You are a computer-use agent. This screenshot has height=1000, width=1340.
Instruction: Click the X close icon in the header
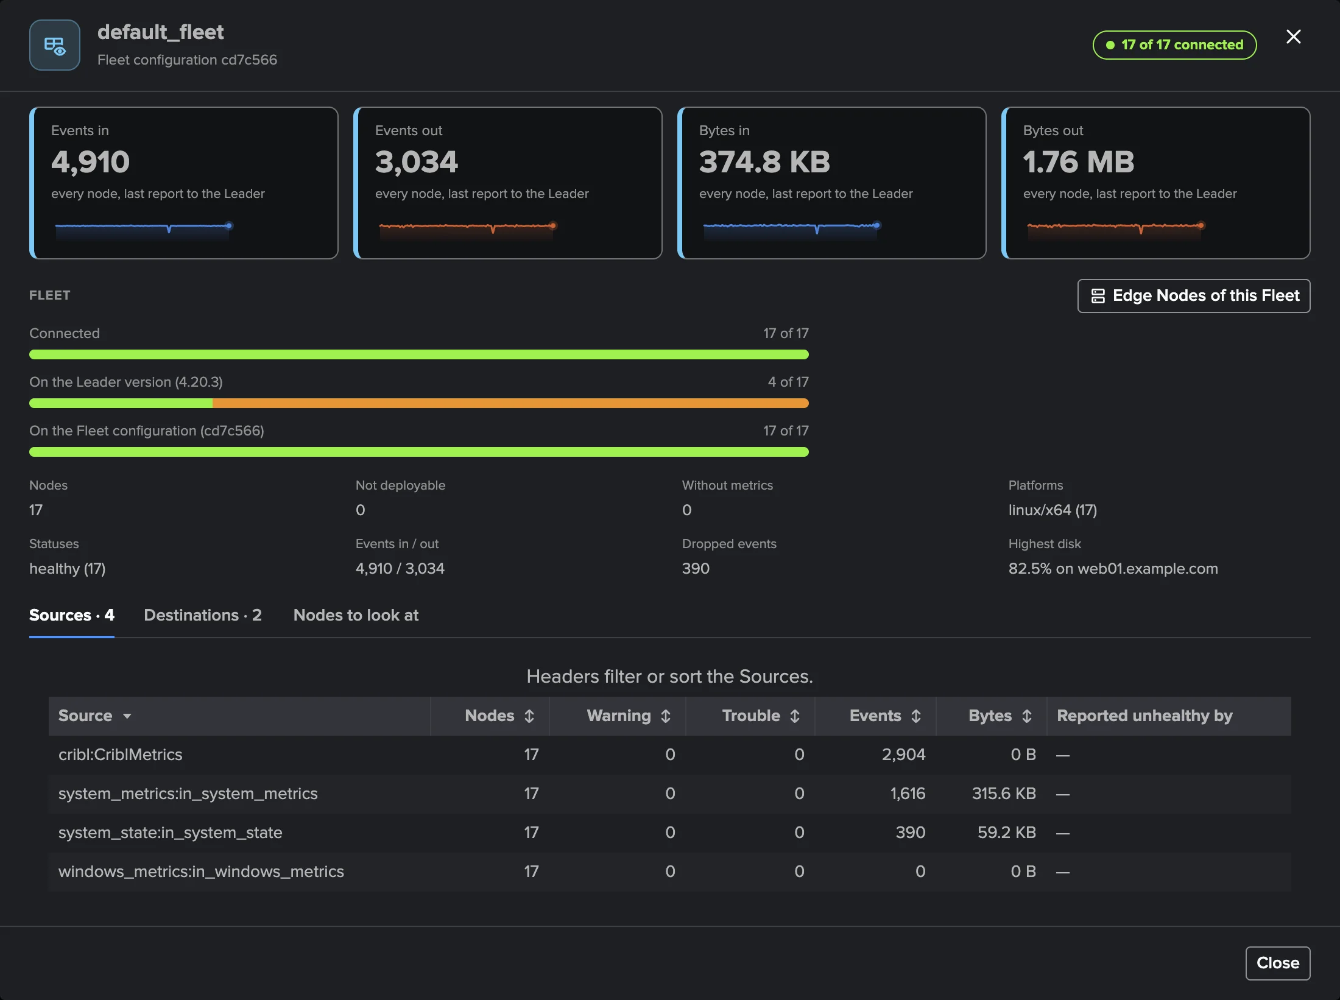tap(1293, 37)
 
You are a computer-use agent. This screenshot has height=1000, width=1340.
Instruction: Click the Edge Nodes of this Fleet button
tap(1194, 296)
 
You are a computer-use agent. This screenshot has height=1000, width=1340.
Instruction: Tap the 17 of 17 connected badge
tap(1174, 45)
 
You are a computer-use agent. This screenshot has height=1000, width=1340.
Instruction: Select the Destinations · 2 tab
tap(203, 615)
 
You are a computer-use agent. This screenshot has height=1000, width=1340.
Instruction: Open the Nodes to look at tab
tap(356, 615)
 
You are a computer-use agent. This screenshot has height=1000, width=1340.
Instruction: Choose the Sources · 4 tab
tap(72, 615)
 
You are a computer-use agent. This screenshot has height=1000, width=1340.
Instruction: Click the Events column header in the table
tap(885, 716)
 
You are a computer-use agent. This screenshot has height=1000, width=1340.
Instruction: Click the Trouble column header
tap(761, 716)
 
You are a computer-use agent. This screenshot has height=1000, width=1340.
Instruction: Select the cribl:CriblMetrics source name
tap(121, 755)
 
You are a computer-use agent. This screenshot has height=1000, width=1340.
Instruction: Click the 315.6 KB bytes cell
tap(1004, 794)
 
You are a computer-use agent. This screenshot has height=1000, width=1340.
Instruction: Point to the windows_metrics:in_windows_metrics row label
tap(201, 871)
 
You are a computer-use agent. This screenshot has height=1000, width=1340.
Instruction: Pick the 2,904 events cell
tap(903, 755)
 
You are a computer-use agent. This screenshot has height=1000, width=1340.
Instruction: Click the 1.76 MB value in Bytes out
tap(1079, 162)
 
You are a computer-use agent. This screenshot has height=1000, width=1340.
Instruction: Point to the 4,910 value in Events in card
tap(91, 162)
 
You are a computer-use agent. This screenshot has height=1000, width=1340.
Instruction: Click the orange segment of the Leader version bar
tap(510, 403)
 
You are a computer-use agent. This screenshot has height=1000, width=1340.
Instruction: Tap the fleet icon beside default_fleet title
tap(55, 46)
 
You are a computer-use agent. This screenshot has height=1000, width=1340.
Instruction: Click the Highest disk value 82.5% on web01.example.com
tap(1113, 569)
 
